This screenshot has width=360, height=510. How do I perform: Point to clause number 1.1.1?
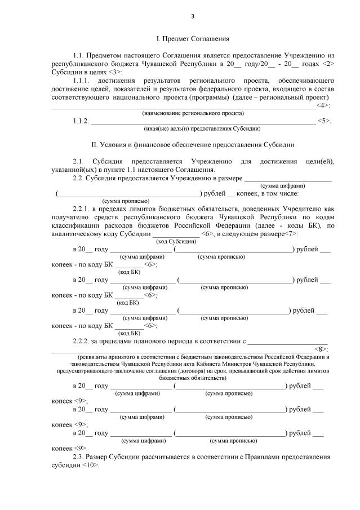coord(83,80)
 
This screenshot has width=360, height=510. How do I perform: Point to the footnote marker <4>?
coord(321,105)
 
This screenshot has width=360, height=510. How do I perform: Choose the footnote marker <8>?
coord(321,349)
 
